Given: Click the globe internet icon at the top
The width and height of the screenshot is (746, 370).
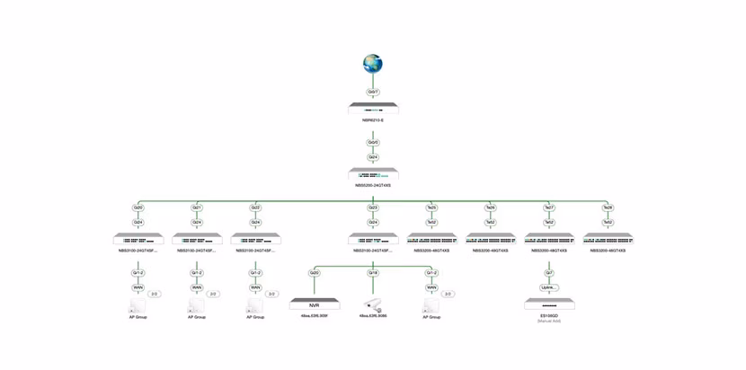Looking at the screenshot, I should (372, 64).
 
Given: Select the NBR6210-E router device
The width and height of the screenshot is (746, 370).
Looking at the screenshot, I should (373, 109).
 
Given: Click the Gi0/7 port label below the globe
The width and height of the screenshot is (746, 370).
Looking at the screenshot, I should (373, 92).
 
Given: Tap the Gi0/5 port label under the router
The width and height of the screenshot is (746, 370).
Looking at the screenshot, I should (373, 142).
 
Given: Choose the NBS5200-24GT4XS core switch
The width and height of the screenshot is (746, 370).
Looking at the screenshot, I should (373, 174).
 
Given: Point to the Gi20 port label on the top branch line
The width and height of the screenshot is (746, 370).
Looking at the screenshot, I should (138, 207).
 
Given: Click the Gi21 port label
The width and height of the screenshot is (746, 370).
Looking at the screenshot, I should (197, 207).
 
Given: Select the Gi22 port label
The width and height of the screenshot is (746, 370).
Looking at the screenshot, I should (255, 207).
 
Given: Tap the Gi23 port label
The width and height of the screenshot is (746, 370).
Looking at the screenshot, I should (373, 207).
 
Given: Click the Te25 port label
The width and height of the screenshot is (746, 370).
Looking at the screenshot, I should (431, 207).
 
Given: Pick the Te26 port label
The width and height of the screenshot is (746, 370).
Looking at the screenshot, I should (491, 207).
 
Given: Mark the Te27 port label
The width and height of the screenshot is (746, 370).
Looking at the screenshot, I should (549, 207).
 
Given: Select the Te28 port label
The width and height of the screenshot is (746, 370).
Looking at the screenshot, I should (608, 207).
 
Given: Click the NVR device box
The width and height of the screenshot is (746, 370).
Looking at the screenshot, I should (315, 304).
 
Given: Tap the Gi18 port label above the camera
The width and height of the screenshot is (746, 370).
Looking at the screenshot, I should (373, 273).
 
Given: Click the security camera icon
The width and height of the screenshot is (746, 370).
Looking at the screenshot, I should (373, 305).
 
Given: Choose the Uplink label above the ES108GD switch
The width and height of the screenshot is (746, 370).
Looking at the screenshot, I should (549, 287).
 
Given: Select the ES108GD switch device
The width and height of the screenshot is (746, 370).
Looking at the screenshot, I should (549, 304).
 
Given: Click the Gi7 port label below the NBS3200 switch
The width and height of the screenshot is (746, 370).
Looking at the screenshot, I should (549, 273).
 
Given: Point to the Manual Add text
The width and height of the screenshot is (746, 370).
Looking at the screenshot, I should (549, 321).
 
